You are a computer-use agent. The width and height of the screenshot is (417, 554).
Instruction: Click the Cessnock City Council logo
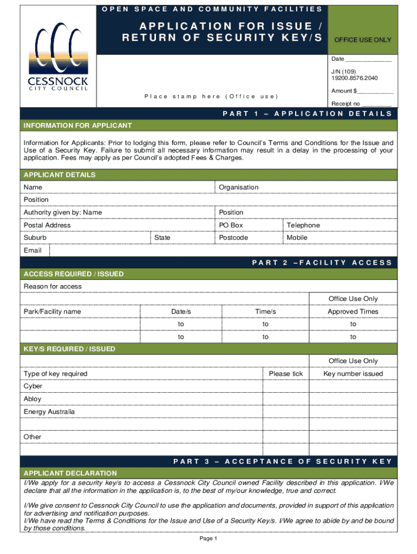tap(58, 59)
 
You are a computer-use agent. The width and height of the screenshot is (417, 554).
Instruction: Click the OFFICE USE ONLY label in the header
tap(362, 40)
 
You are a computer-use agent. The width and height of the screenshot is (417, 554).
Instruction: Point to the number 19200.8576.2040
tap(354, 78)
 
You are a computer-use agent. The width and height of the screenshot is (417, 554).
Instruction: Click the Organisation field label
tap(239, 187)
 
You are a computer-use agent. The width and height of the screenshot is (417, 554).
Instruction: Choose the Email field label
tap(32, 250)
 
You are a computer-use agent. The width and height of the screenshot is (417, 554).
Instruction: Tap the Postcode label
tap(233, 238)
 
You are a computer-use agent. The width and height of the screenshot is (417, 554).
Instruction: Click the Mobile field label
tap(297, 238)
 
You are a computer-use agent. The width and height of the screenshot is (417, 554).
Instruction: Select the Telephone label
tap(303, 225)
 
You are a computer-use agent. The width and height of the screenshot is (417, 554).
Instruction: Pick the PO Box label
tap(231, 225)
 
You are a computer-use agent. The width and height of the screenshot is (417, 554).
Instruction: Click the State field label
tap(162, 238)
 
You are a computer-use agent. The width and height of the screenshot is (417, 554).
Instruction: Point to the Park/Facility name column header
tap(52, 312)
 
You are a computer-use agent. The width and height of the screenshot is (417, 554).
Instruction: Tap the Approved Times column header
tap(353, 312)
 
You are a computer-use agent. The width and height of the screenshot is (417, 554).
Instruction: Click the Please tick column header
tap(286, 374)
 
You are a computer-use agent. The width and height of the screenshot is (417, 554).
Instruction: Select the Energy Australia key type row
tap(49, 412)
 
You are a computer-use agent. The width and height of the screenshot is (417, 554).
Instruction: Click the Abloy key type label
tap(32, 399)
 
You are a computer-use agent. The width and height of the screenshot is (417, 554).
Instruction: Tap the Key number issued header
tap(353, 374)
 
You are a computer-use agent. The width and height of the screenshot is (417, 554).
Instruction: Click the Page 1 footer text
tap(208, 539)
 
